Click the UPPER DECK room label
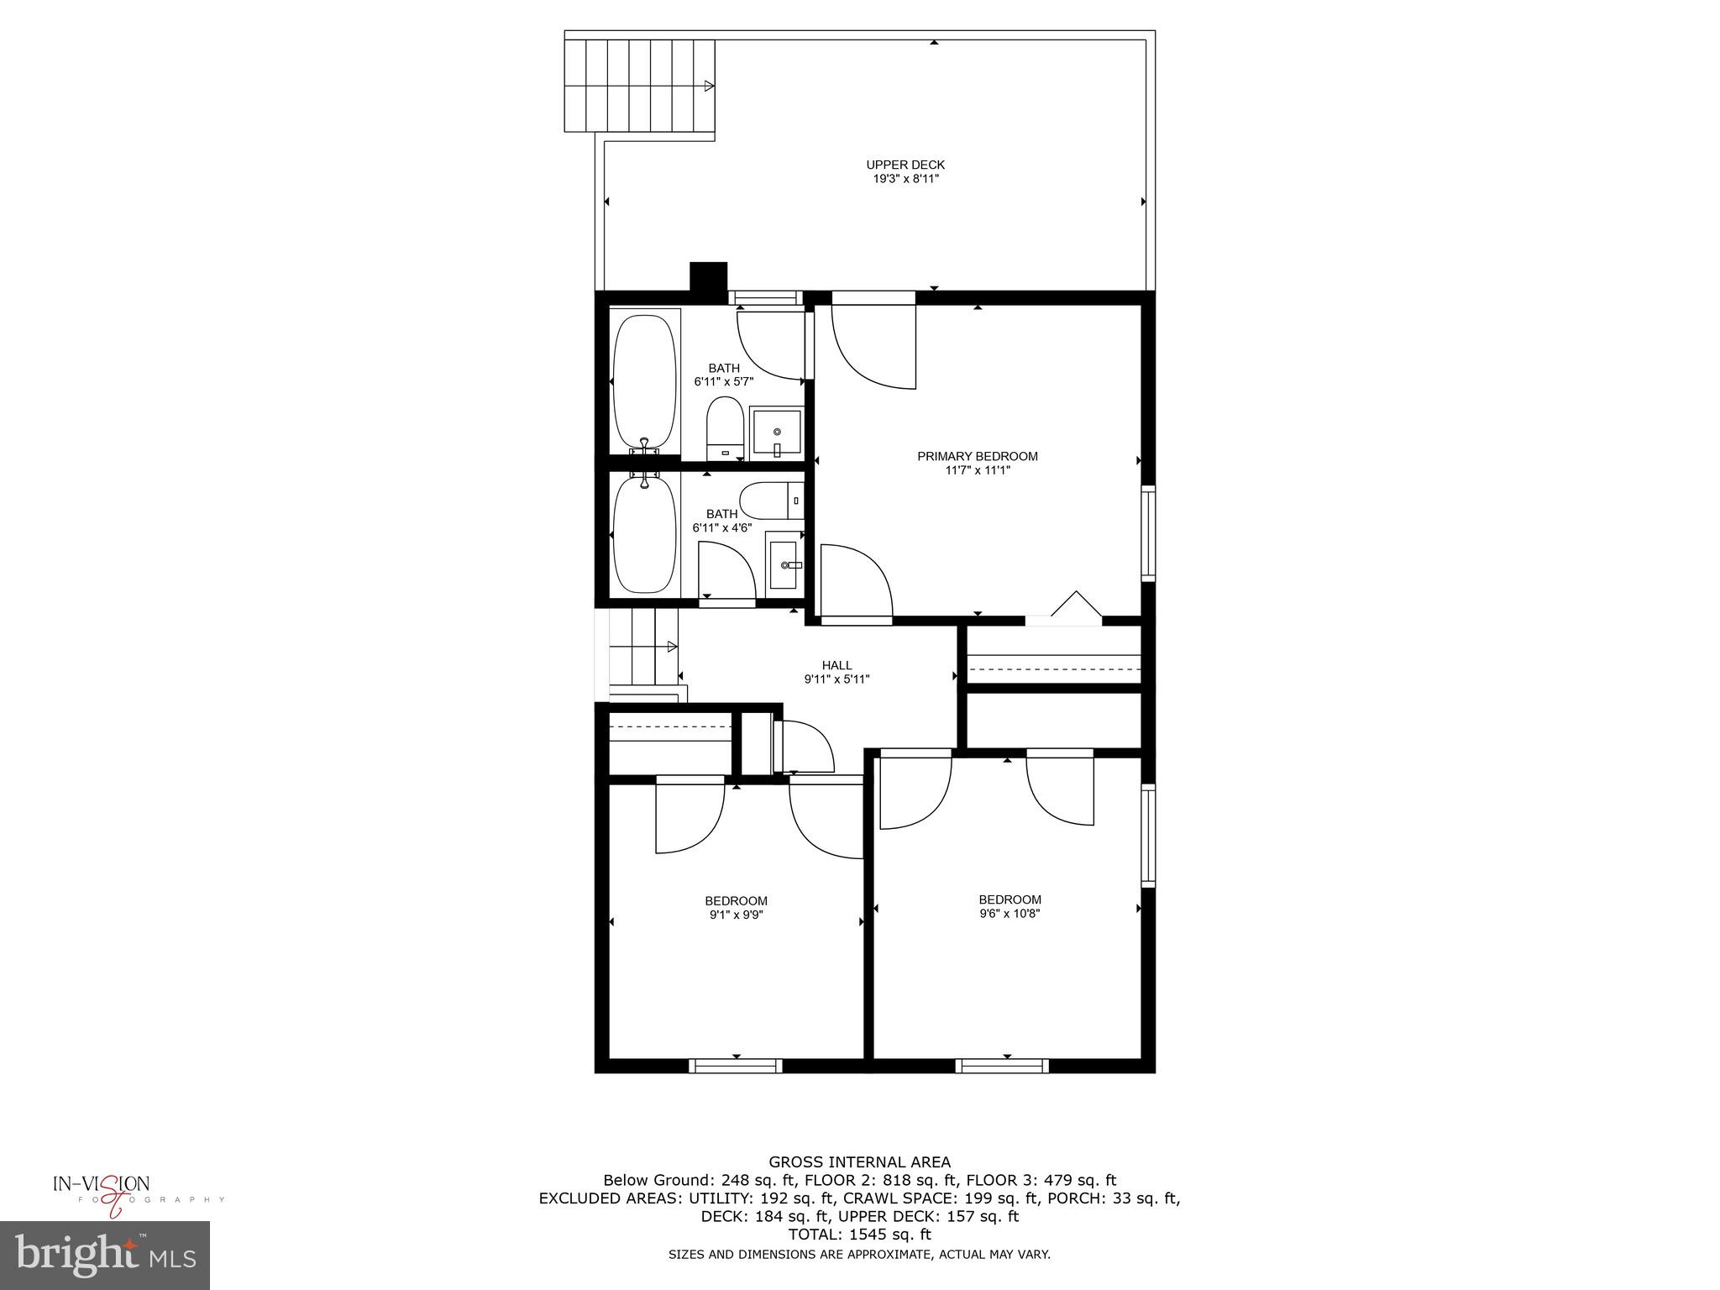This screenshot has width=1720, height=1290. [x=905, y=165]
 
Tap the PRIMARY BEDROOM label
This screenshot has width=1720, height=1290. [x=977, y=456]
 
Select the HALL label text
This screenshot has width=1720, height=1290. [x=836, y=665]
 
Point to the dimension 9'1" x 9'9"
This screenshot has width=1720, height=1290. [x=736, y=915]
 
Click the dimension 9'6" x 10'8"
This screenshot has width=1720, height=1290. [x=1009, y=913]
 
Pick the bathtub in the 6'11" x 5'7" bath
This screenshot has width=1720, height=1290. [x=644, y=381]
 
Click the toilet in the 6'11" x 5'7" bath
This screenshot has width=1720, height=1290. [x=725, y=428]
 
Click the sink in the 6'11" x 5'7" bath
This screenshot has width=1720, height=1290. [x=776, y=433]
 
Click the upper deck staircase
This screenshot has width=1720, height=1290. [x=639, y=86]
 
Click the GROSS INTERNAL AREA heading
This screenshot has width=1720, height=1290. [x=860, y=1162]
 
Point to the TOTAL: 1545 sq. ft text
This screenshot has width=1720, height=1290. [x=859, y=1235]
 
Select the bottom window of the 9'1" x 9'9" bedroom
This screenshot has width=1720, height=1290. [x=736, y=1066]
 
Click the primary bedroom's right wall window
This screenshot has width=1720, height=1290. [x=1147, y=532]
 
